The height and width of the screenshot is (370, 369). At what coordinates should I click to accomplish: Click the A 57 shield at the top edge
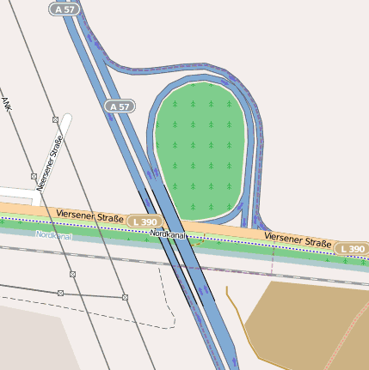tap(63, 8)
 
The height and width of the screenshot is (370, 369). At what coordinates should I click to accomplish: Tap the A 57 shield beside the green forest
tap(121, 106)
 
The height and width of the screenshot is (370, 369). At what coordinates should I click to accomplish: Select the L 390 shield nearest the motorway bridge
tap(145, 221)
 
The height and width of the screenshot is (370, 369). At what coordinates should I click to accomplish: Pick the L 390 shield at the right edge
tap(352, 249)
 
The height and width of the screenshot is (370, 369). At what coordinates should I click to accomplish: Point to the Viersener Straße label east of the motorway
tap(298, 240)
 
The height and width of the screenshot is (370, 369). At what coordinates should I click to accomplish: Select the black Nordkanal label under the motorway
tap(169, 234)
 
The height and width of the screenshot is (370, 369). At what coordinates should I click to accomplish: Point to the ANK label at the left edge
tap(7, 104)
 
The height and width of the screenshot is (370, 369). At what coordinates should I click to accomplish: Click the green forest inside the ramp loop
tap(199, 146)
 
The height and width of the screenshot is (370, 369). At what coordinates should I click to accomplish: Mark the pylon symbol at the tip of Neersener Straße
tap(55, 119)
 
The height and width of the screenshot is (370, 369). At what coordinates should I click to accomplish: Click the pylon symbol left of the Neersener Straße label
tap(34, 175)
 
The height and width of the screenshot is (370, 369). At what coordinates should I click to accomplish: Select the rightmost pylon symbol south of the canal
tap(125, 297)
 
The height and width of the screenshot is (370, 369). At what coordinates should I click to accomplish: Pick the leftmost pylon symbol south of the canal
tap(60, 293)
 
